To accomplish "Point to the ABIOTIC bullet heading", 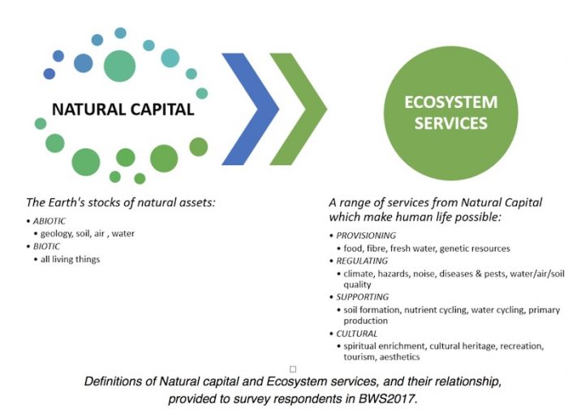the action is (x=49, y=221).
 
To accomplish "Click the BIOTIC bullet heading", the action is (x=47, y=247).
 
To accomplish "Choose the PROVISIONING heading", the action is (x=366, y=235).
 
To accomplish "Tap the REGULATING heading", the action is (x=362, y=261).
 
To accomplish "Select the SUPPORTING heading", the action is (x=362, y=297).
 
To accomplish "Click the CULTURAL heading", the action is (x=357, y=334).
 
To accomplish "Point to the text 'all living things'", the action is (x=71, y=260).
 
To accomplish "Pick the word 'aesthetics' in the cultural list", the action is (x=399, y=357).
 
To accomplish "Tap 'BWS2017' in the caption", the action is (x=388, y=399).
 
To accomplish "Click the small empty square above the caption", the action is (x=293, y=369).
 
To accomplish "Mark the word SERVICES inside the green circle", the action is (x=451, y=123).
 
